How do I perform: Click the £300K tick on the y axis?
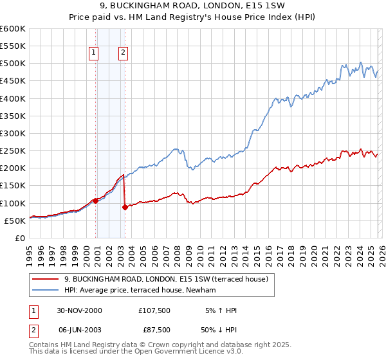tap(14, 134)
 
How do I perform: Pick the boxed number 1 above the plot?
tap(94, 53)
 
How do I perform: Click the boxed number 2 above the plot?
tap(122, 53)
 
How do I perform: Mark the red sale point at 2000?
tap(96, 201)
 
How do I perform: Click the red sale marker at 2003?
tap(125, 207)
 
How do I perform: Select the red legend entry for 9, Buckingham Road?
tap(170, 279)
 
